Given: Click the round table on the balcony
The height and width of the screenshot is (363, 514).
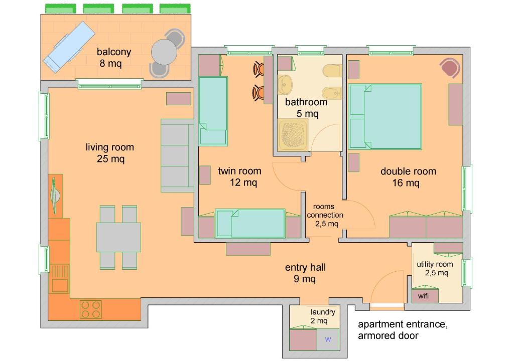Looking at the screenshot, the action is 164,52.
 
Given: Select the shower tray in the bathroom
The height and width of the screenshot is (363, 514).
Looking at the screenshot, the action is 293,134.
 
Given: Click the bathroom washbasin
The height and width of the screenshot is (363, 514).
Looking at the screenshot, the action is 285,84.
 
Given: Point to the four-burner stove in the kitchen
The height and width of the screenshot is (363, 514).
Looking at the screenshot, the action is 91,309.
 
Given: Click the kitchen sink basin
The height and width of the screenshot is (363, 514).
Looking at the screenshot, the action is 60,285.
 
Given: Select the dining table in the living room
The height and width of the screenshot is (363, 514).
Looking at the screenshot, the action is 118,237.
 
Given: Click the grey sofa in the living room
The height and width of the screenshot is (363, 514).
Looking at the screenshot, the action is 177,155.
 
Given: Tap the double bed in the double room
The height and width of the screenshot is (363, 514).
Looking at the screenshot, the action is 385,116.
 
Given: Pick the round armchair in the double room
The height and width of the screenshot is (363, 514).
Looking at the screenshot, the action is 450,68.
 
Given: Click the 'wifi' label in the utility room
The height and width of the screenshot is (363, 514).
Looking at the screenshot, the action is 423,296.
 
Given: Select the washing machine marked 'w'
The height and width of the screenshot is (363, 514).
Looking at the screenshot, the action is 328,339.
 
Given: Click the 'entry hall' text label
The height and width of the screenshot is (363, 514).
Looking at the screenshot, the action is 305,267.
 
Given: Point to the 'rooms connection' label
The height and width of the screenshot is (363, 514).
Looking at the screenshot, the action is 325,211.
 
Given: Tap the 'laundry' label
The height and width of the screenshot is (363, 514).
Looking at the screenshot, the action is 323,312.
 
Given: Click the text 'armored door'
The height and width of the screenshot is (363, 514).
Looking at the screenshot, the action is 388,335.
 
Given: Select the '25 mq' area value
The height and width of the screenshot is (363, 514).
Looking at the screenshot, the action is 110,159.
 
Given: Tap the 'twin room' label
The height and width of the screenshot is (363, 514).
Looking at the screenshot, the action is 239,171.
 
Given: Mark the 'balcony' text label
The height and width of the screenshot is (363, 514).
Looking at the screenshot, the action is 114,52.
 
